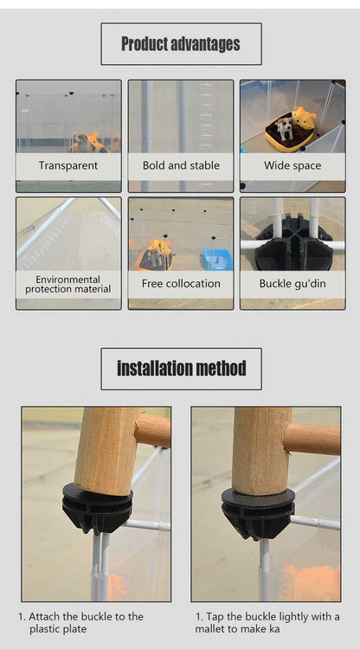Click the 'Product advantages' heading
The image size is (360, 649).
click(x=181, y=44)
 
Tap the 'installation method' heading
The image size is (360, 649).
click(x=181, y=368)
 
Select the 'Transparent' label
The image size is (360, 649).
click(x=68, y=165)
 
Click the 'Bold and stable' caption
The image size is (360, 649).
click(x=181, y=165)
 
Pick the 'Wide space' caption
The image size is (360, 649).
click(x=292, y=166)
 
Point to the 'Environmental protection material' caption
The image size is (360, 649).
click(x=67, y=285)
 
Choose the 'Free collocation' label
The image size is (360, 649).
click(x=181, y=284)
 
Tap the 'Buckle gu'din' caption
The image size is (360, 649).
click(x=292, y=284)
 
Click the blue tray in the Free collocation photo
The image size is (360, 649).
click(x=218, y=260)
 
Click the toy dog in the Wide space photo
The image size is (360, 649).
click(x=285, y=129)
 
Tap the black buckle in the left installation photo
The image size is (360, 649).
click(x=98, y=508)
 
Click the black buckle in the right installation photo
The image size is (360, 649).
click(x=258, y=514)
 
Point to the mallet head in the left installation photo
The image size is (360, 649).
click(x=106, y=451)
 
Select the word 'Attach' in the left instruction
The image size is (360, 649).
click(x=44, y=616)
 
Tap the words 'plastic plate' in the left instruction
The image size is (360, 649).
click(x=58, y=629)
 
